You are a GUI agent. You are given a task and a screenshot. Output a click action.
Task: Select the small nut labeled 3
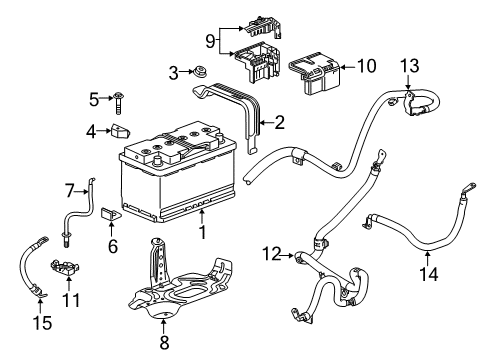point(200,72)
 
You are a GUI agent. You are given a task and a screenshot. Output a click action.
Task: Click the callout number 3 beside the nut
point(174,72)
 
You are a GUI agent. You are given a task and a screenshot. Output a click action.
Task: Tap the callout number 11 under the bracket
point(70,299)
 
